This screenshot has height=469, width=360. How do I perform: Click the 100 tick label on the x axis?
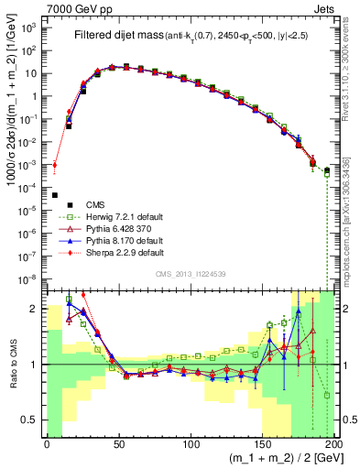click(x=191, y=444)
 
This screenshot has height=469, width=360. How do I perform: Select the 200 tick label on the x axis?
click(x=333, y=444)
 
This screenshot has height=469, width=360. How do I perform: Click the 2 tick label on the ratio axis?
click(x=37, y=309)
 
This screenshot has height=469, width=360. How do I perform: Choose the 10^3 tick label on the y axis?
click(x=30, y=27)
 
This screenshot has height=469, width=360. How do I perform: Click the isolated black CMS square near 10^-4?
click(x=54, y=195)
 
